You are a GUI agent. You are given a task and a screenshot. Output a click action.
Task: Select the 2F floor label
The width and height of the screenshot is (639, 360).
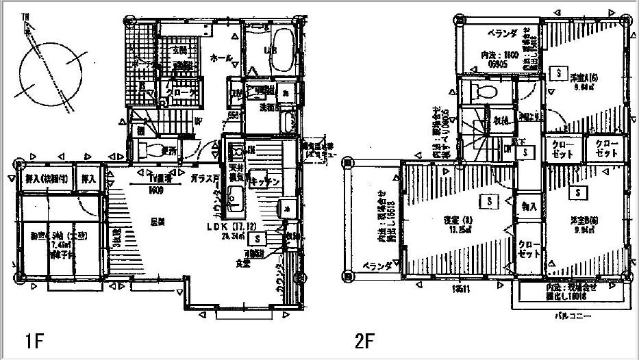click(x=365, y=340)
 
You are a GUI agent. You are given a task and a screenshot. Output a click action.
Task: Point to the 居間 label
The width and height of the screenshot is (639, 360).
click(x=160, y=222)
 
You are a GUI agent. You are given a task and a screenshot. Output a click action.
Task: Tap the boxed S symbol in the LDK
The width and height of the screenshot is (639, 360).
click(x=257, y=239)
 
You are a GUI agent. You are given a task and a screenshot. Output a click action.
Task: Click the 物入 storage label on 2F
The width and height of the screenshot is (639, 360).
click(x=529, y=206)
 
